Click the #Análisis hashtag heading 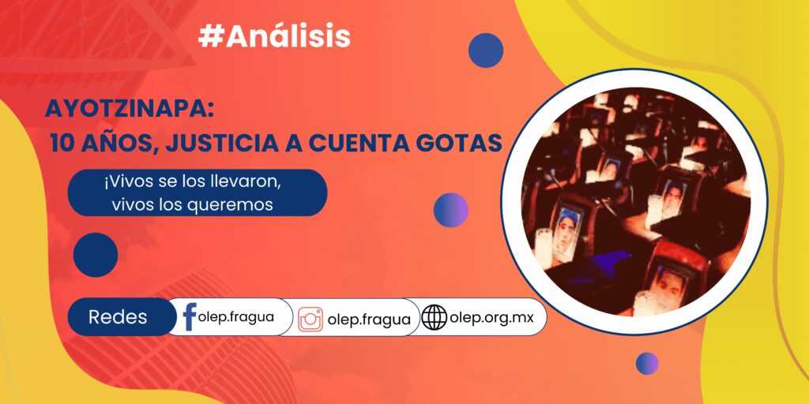[x=274, y=36]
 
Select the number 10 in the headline [x=62, y=144]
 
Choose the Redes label [x=118, y=317]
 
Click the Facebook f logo [x=190, y=316]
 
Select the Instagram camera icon [x=310, y=319]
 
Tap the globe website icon [x=434, y=317]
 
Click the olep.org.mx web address [x=491, y=317]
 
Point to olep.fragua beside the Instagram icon [x=369, y=320]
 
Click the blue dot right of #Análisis [x=486, y=50]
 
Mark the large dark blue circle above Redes [x=96, y=255]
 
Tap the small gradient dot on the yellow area [x=646, y=363]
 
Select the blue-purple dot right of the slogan [x=450, y=210]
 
